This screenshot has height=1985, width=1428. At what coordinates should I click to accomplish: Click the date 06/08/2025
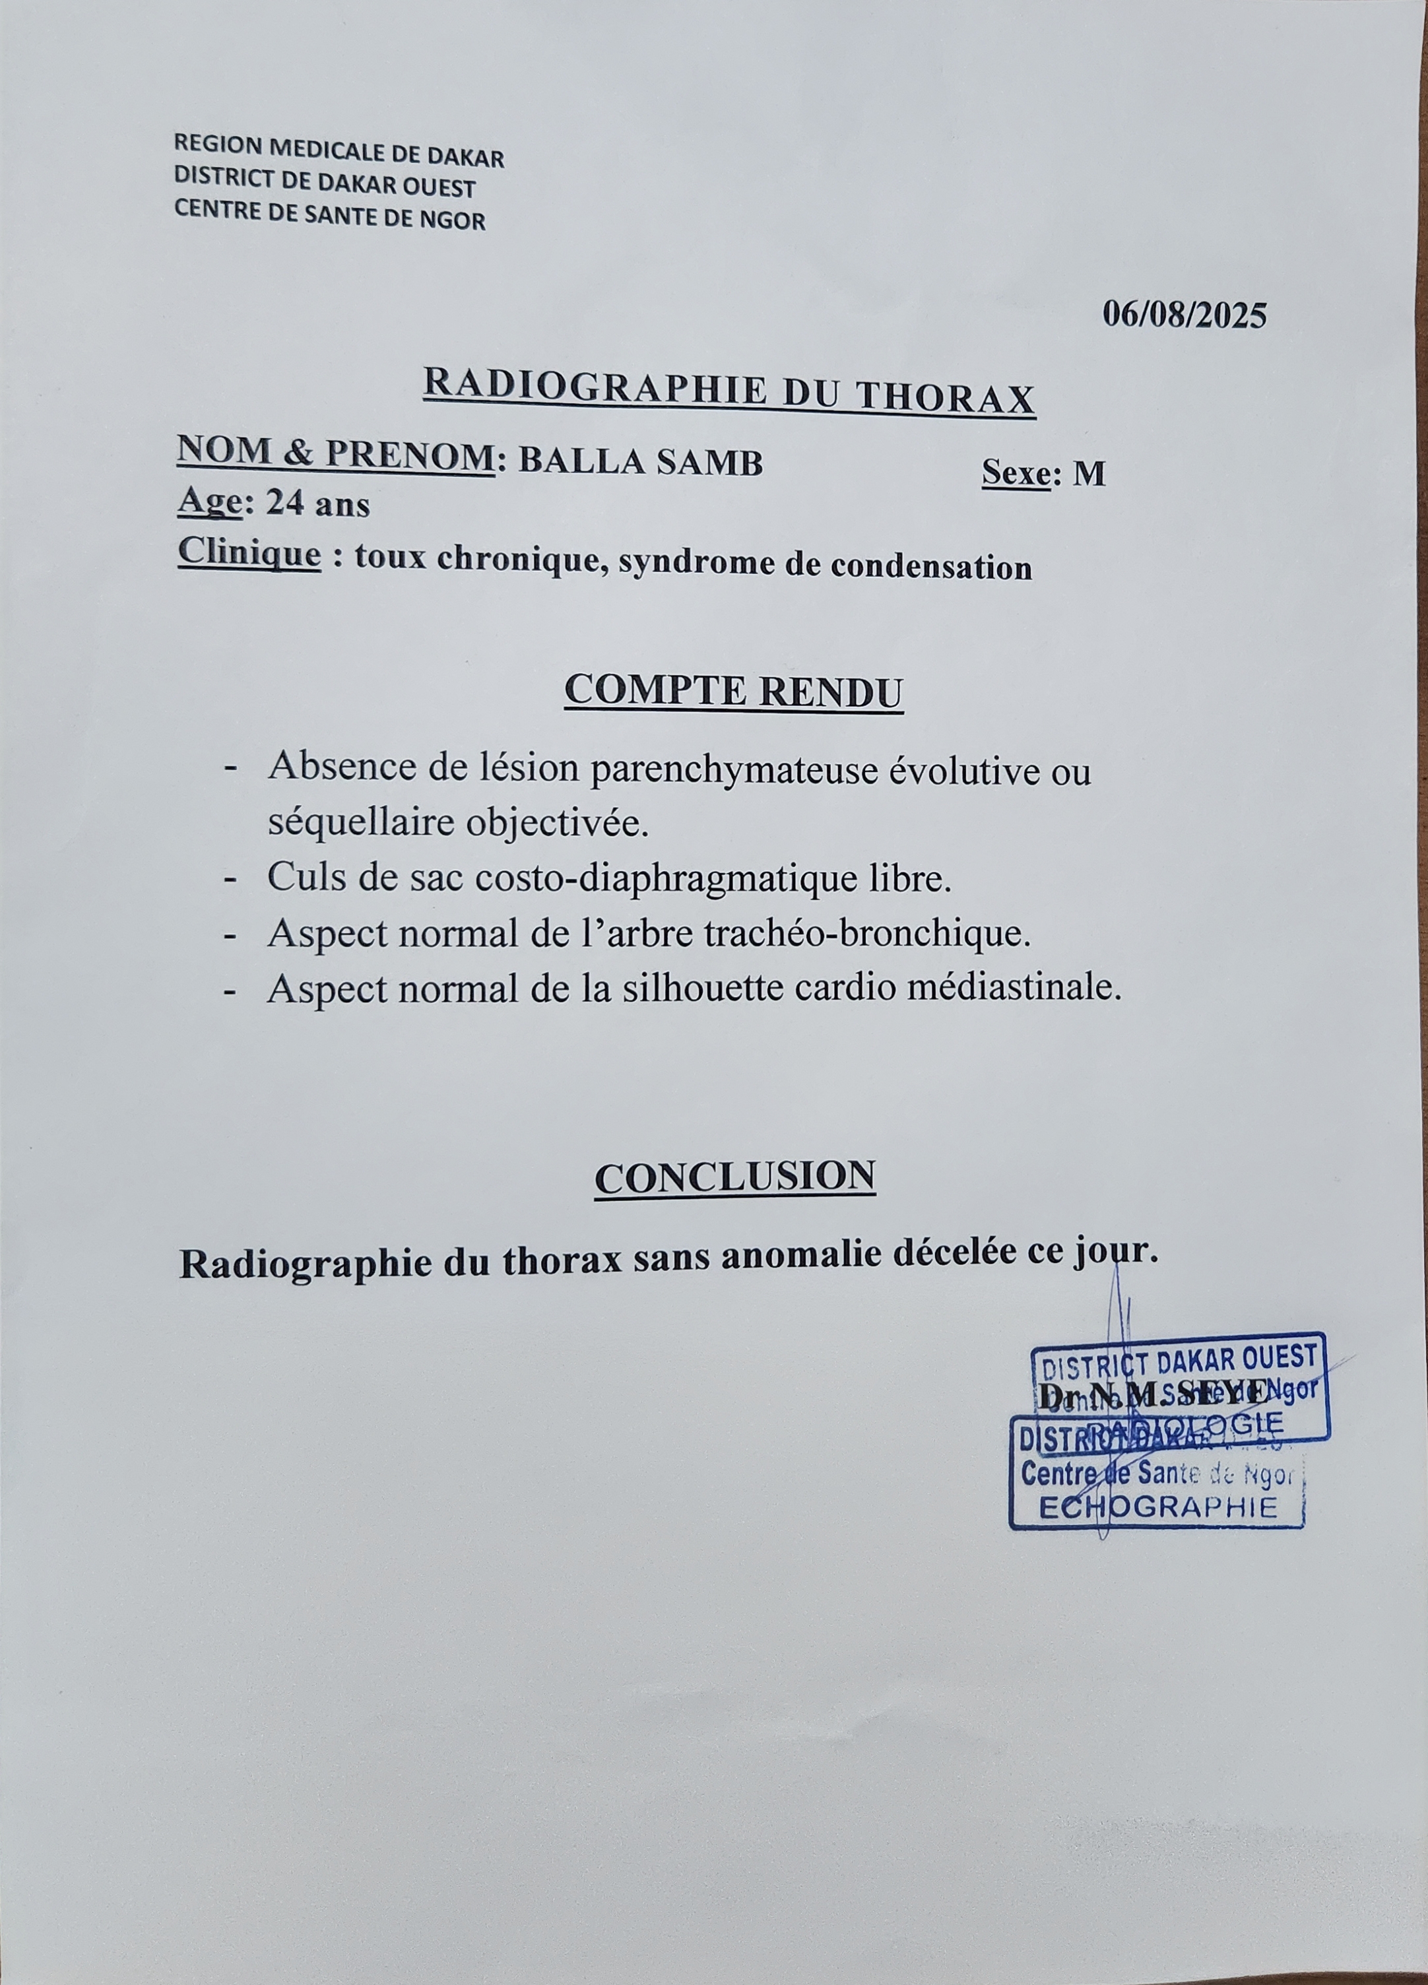[x=1184, y=314]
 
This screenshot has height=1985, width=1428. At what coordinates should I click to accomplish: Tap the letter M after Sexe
[x=1089, y=474]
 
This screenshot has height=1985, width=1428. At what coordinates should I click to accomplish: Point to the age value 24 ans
[x=317, y=504]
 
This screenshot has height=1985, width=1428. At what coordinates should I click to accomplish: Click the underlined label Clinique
[x=249, y=552]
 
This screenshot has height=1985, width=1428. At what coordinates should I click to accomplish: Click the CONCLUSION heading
[x=735, y=1177]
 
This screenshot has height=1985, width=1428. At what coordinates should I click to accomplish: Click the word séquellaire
[x=360, y=823]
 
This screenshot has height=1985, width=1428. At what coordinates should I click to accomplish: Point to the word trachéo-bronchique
[x=882, y=933]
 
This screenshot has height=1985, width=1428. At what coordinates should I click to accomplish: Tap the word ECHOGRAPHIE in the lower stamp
[x=1157, y=1507]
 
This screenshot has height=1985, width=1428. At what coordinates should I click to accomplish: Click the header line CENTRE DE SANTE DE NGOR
[x=330, y=214]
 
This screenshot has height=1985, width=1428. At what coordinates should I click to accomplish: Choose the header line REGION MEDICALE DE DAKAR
[x=339, y=150]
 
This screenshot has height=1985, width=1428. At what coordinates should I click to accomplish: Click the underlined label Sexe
[x=1016, y=472]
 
